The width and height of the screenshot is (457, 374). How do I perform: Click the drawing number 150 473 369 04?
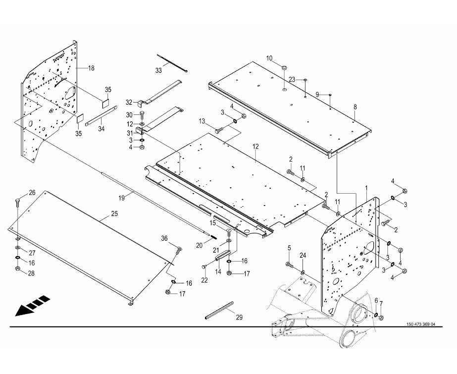click(x=420, y=324)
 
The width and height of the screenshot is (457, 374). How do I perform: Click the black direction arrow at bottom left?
click(x=32, y=306)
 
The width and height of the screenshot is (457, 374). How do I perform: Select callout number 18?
click(x=91, y=68)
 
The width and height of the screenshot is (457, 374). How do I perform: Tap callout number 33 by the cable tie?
click(x=158, y=70)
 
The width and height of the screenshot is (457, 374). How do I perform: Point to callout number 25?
click(x=114, y=214)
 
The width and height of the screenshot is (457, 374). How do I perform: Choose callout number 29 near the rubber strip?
click(x=239, y=318)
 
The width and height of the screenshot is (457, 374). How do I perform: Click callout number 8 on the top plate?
click(x=355, y=107)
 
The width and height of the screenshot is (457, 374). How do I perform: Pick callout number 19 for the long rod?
click(x=121, y=198)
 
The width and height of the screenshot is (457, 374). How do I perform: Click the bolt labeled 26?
click(x=17, y=202)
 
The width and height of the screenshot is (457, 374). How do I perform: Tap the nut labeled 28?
click(x=17, y=268)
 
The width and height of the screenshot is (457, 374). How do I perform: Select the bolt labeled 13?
click(x=219, y=130)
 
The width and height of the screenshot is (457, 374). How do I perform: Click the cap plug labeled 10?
click(x=284, y=68)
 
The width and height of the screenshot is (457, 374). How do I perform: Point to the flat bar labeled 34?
click(x=101, y=116)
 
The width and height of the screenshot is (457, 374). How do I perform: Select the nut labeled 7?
click(x=382, y=318)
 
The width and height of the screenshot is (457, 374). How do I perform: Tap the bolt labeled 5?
click(x=290, y=265)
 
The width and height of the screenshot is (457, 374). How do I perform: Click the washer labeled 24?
click(x=303, y=272)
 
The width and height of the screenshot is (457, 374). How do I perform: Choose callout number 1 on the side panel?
click(x=366, y=188)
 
